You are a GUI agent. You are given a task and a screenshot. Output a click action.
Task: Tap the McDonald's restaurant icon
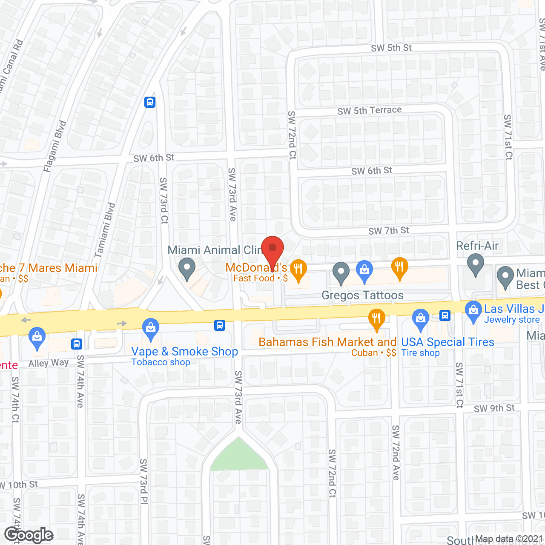(x=298, y=269)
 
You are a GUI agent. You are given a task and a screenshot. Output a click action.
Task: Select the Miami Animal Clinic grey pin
(x=186, y=269)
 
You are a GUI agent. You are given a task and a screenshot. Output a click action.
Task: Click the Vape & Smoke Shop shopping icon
(x=150, y=329)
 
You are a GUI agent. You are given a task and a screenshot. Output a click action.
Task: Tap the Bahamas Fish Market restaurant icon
(x=376, y=319)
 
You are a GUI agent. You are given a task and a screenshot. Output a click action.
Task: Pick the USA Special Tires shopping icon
(x=421, y=319)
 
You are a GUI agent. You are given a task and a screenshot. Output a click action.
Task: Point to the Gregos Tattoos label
(x=362, y=295)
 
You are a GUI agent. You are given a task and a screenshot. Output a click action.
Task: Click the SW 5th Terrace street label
(x=370, y=111)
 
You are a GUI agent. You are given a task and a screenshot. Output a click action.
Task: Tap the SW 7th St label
(x=388, y=231)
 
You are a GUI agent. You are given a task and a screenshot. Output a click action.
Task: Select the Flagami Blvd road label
(x=55, y=146)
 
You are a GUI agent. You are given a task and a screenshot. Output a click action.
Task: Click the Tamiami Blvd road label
(x=105, y=230)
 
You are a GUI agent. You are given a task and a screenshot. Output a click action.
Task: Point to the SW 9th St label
(x=494, y=408)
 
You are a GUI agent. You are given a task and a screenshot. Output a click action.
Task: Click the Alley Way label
(x=48, y=363)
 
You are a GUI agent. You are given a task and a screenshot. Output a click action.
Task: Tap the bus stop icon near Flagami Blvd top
(x=150, y=102)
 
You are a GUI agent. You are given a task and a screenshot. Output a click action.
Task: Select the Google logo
(x=29, y=535)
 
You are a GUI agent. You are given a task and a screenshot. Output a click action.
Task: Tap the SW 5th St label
(x=391, y=48)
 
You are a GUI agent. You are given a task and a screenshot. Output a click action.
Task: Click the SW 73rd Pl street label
(x=143, y=481)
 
